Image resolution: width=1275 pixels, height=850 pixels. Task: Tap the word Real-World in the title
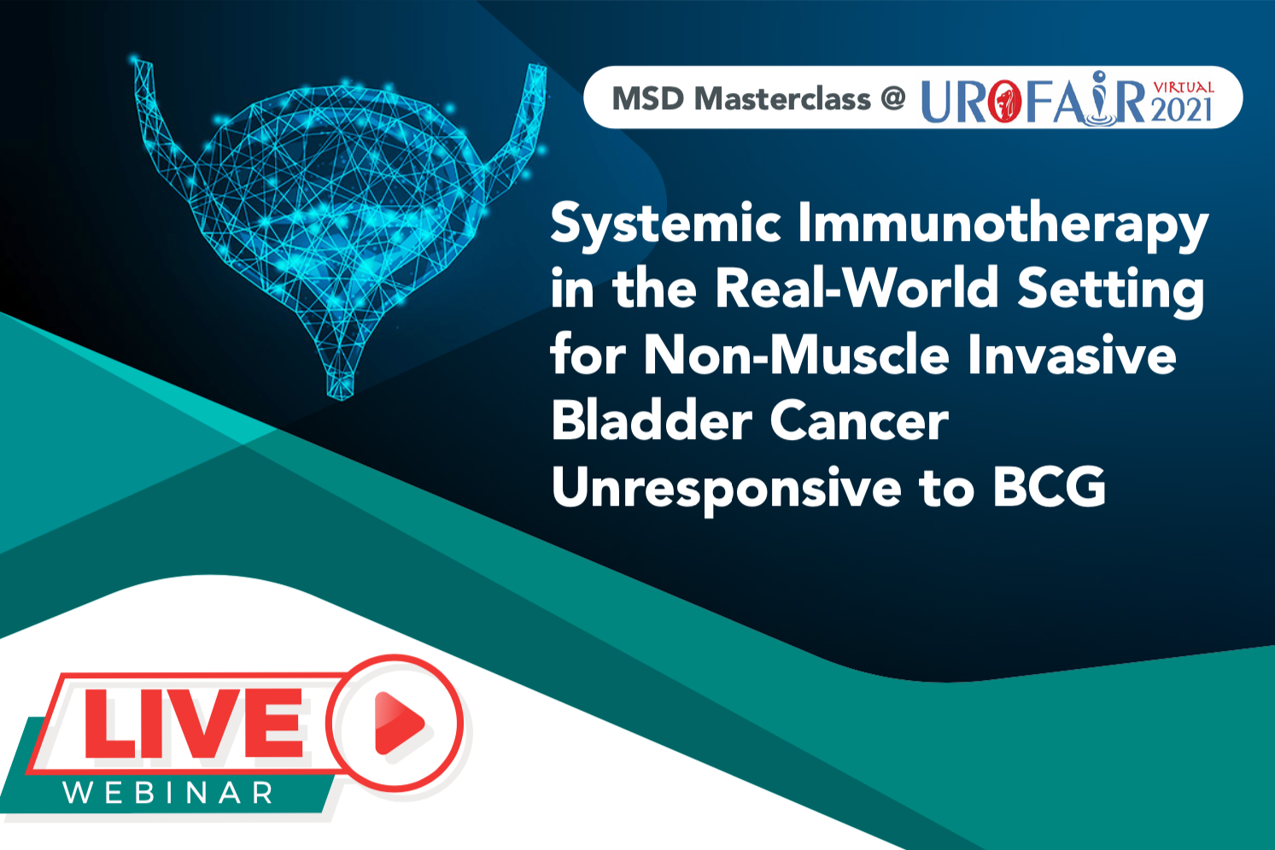(x=857, y=287)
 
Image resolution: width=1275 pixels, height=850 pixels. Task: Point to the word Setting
(x=1110, y=291)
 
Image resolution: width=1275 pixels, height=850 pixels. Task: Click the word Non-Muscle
(x=796, y=355)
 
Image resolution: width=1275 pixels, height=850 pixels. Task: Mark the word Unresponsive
(x=726, y=489)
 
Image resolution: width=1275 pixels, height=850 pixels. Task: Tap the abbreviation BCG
(x=1049, y=487)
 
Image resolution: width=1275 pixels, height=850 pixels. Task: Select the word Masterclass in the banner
(x=782, y=99)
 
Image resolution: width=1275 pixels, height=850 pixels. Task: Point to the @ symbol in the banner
(x=892, y=98)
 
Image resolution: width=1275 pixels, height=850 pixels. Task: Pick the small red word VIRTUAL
(x=1184, y=87)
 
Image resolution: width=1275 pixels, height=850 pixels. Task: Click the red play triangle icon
(x=399, y=723)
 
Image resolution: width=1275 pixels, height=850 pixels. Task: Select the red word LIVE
(x=194, y=723)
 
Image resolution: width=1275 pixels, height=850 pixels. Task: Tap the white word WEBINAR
(x=167, y=793)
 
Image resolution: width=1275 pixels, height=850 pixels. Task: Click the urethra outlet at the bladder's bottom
(x=341, y=386)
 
